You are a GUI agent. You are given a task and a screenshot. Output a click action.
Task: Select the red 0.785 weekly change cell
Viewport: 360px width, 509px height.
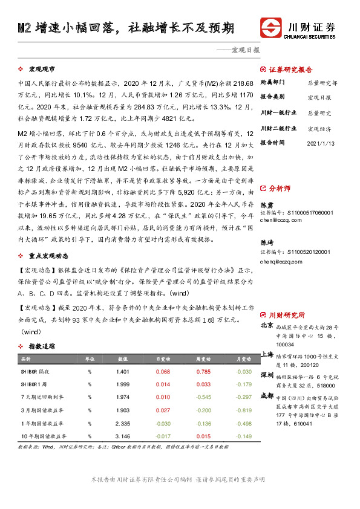click(x=203, y=372)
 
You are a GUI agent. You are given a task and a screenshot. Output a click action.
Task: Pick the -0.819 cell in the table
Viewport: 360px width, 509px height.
click(x=243, y=410)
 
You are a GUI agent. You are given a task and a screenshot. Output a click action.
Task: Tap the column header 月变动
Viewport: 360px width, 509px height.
click(x=243, y=359)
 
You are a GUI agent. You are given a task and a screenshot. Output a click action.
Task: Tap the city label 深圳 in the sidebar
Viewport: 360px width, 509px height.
click(x=266, y=375)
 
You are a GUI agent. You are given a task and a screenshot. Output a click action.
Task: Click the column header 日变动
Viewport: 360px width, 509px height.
click(x=163, y=359)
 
